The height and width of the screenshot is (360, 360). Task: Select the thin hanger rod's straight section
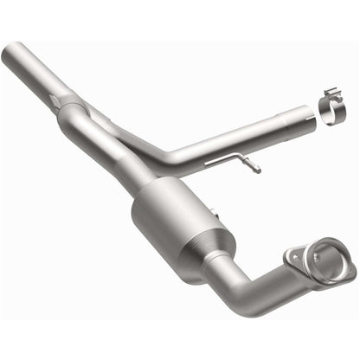coord(227,160)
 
